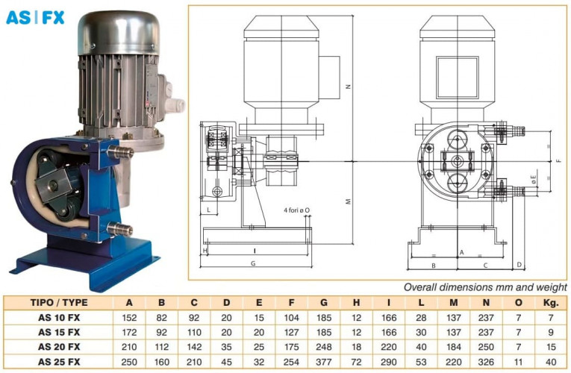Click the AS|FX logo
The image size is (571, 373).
35,17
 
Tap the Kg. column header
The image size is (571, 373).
551,303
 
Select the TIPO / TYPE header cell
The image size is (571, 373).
59,303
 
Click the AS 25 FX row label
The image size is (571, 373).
59,362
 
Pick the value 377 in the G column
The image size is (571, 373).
324,362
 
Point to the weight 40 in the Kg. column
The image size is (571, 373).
551,362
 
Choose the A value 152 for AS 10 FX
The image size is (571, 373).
129,318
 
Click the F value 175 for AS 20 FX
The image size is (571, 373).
291,347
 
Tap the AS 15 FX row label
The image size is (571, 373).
59,332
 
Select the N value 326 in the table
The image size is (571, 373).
486,362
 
